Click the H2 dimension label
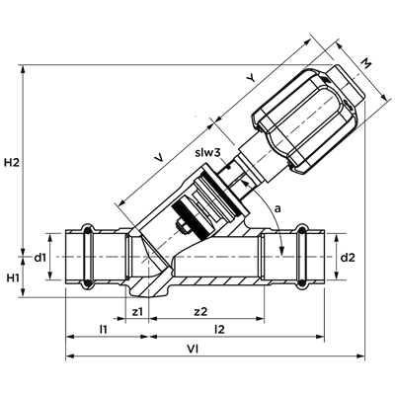click(x=12, y=162)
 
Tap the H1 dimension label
click(x=13, y=277)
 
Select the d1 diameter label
click(x=39, y=258)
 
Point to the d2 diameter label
click(x=348, y=258)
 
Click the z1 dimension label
click(x=137, y=311)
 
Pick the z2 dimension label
click(x=200, y=311)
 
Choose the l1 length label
click(x=104, y=329)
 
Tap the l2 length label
click(x=219, y=329)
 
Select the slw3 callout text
click(x=207, y=153)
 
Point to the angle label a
click(x=278, y=208)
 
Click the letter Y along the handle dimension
click(x=251, y=78)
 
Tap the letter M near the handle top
click(x=365, y=63)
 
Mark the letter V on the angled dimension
click(x=159, y=158)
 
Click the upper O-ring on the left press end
click(x=88, y=230)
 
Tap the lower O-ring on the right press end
click(x=302, y=283)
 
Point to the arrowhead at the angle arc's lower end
click(x=281, y=251)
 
